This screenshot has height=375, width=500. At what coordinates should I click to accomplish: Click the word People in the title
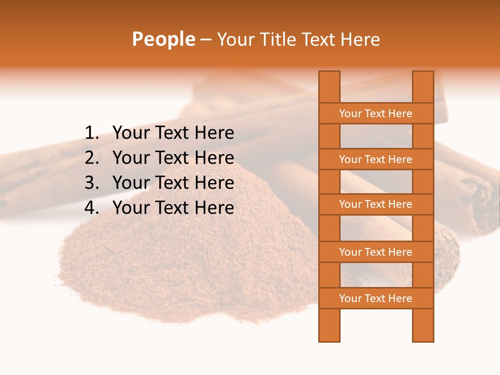pyautogui.click(x=164, y=39)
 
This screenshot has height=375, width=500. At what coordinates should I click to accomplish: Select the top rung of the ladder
pyautogui.click(x=376, y=114)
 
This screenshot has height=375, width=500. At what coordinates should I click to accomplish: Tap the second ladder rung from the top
pyautogui.click(x=376, y=159)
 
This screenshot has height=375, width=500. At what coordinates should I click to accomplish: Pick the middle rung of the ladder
pyautogui.click(x=376, y=204)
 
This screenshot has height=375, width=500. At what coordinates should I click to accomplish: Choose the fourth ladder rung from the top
pyautogui.click(x=376, y=252)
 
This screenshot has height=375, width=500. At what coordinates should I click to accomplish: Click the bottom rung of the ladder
pyautogui.click(x=376, y=298)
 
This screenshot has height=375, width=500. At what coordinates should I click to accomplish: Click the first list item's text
pyautogui.click(x=173, y=133)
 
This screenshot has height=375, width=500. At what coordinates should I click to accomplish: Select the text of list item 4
pyautogui.click(x=173, y=208)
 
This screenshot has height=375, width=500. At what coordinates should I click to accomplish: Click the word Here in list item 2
pyautogui.click(x=214, y=158)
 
